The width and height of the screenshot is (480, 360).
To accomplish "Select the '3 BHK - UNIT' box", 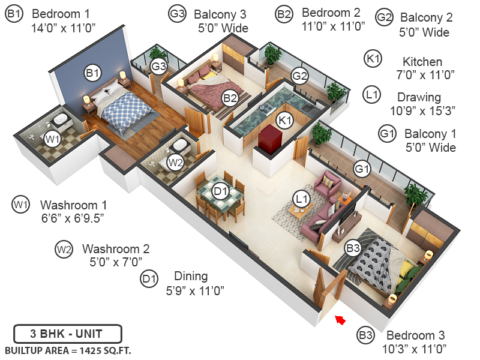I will [67, 333].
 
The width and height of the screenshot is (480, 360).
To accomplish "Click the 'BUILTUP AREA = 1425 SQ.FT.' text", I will [68, 350].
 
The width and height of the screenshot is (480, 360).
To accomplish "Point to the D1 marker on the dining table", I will [221, 191].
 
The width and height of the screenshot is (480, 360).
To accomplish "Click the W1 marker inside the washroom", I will [53, 139].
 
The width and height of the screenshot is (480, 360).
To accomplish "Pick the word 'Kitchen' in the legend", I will [422, 62].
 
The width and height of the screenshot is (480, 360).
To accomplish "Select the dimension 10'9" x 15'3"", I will [423, 110].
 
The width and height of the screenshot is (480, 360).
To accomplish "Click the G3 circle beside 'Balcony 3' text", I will [178, 14].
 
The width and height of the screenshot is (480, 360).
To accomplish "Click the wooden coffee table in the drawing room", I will [300, 210].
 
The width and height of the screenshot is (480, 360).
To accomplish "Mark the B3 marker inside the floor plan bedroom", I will [352, 247].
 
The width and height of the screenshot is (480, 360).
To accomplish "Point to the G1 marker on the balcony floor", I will [361, 169].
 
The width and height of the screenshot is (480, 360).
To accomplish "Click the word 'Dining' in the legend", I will [191, 276].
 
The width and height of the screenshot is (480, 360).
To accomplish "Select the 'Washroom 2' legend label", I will [116, 248].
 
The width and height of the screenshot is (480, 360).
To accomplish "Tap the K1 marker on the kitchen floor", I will [284, 120].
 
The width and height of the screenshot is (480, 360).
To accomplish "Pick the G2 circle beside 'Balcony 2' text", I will [384, 18].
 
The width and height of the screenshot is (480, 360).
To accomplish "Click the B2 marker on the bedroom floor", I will [230, 97].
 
